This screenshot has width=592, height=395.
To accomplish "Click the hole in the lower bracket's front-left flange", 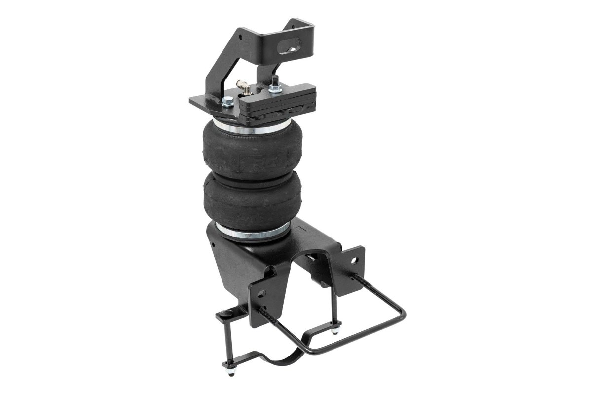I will (269, 272).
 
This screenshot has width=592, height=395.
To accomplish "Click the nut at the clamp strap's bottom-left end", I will (228, 366).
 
